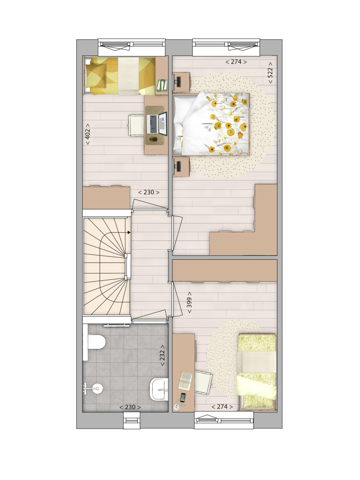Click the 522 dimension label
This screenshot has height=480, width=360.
[270, 73]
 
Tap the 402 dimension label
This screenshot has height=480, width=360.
[87, 134]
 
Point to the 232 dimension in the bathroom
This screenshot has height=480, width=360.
[162, 355]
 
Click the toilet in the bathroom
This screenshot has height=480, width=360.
[97, 342]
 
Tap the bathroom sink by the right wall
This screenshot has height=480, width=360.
[159, 389]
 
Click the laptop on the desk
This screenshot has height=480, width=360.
[157, 124]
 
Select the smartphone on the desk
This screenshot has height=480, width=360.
[183, 397]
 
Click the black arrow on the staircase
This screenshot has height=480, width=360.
[129, 232]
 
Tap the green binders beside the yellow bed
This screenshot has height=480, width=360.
[162, 85]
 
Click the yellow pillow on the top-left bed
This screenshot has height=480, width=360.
[96, 75]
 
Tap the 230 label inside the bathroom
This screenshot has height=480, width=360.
[130, 407]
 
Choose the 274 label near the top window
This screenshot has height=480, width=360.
[236, 62]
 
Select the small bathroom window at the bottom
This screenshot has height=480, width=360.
[132, 420]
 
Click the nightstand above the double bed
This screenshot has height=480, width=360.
[181, 82]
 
